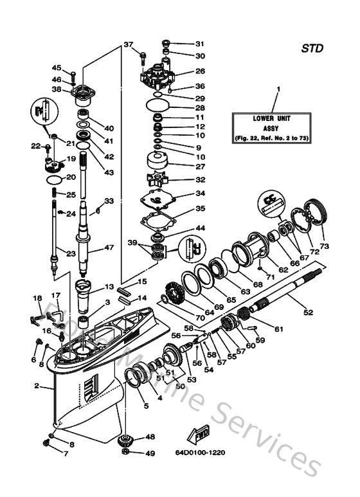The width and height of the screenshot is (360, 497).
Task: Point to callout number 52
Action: point(309,312)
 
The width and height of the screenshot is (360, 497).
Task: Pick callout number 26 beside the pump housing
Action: point(200,71)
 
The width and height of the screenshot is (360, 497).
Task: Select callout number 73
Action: point(323,246)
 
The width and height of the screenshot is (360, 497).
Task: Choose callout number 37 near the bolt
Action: point(128,44)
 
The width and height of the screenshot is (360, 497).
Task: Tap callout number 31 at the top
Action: point(199,44)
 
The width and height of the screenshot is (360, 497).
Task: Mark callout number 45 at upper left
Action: point(57,68)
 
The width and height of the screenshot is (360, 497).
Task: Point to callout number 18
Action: point(37,298)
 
